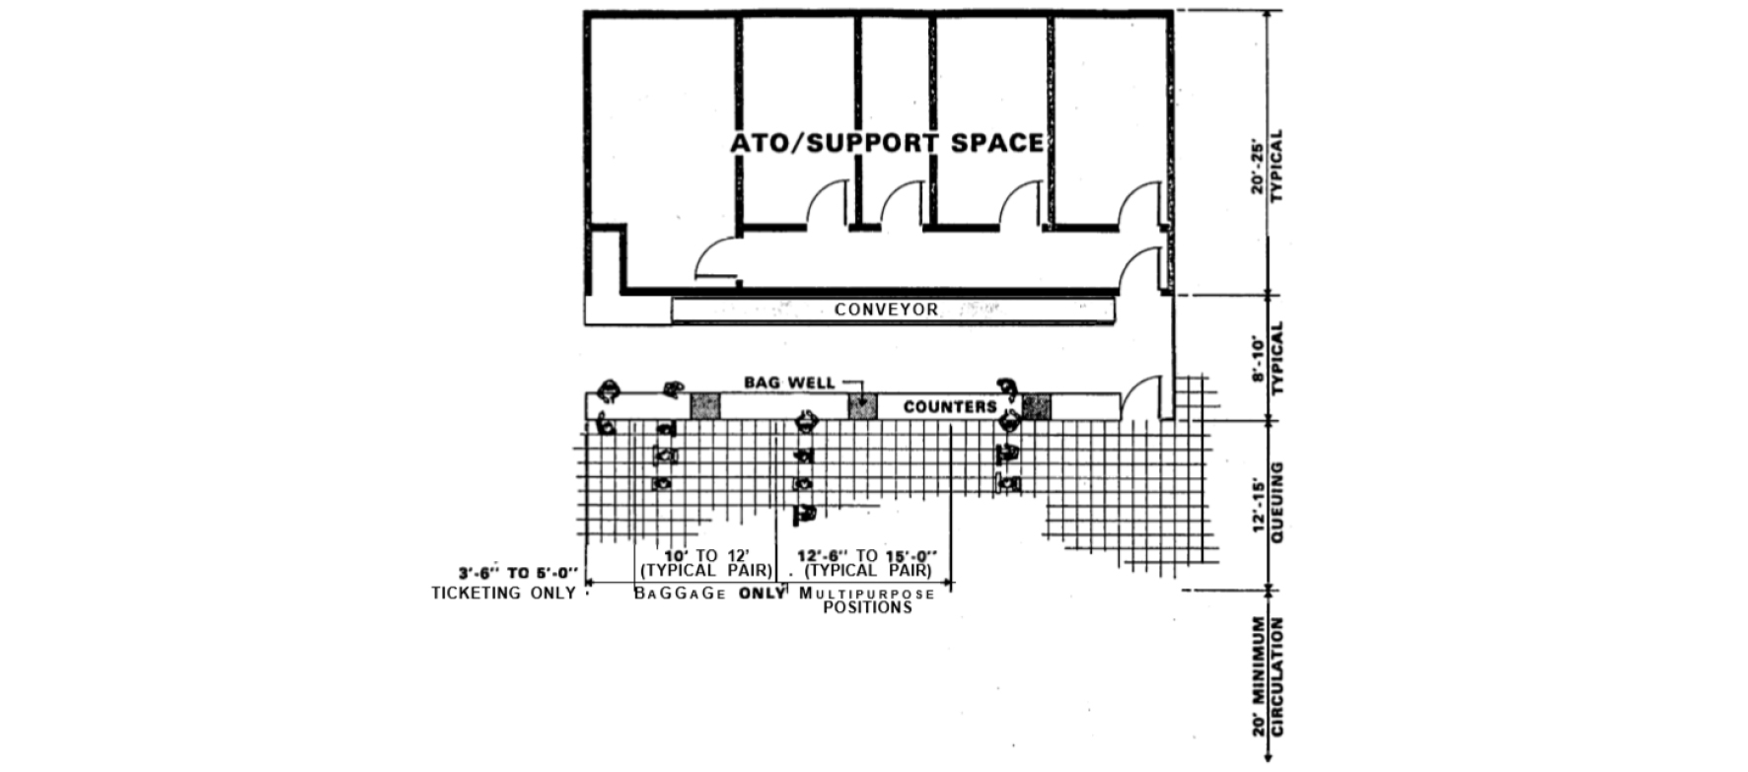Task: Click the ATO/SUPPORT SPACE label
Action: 887,143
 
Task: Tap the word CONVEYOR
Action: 887,310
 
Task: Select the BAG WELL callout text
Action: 789,383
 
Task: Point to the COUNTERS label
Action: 950,406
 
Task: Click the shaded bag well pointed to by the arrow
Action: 863,406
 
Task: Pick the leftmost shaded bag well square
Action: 704,406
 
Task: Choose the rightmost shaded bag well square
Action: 1037,406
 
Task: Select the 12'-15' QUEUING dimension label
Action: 1268,504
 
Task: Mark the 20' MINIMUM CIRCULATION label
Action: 1268,676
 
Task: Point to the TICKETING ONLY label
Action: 503,593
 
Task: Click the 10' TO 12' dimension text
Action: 707,556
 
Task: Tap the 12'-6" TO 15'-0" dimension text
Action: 867,556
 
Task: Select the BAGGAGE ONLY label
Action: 709,593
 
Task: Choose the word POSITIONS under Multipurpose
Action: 868,607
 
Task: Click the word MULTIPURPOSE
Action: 867,593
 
